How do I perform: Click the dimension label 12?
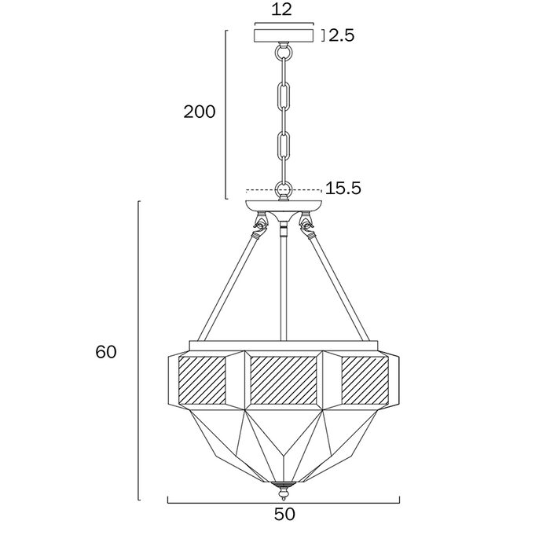(x=281, y=9)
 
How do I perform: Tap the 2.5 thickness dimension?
(x=341, y=35)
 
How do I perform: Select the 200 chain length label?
(x=200, y=112)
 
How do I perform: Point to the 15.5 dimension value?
(x=343, y=189)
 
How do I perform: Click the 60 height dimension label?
(x=106, y=352)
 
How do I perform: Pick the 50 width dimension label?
(x=284, y=515)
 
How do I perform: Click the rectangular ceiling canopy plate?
(x=284, y=35)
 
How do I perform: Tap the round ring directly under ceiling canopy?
(x=284, y=53)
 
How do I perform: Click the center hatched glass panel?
(x=284, y=379)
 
